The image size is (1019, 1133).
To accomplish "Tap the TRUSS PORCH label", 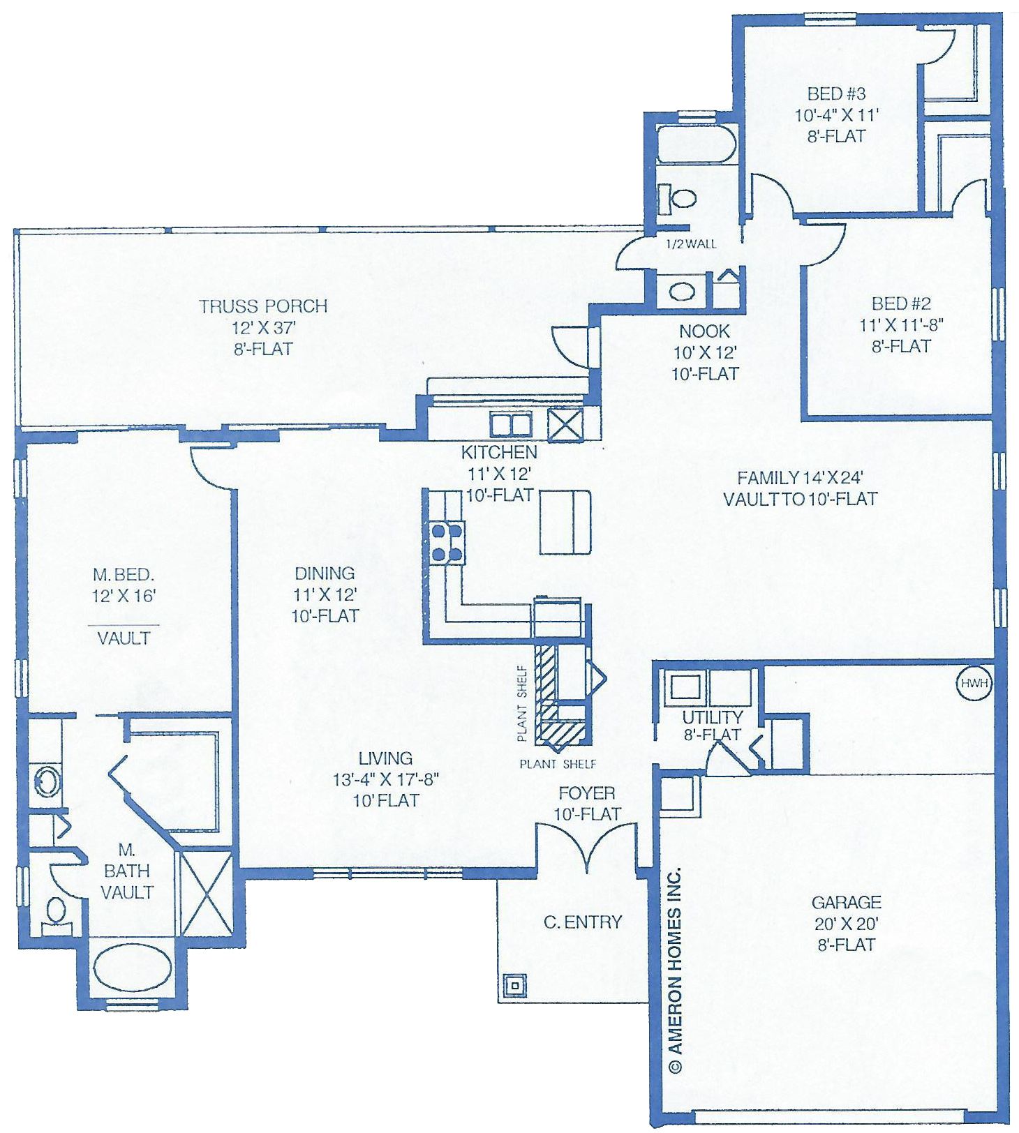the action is tap(263, 306).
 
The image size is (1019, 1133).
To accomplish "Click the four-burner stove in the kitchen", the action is tap(447, 542).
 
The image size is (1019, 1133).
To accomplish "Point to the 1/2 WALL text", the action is tap(692, 244).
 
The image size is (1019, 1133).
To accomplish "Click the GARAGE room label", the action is tap(846, 903).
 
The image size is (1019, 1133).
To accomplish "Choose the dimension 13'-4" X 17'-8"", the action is tap(385, 779).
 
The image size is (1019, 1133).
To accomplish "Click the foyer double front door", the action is tap(586, 846).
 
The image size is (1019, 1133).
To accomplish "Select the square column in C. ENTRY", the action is tap(515, 985).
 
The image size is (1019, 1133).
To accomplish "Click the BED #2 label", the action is tap(901, 303).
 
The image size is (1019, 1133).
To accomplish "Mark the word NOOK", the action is tap(704, 331).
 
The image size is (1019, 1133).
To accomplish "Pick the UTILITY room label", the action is tap(712, 716).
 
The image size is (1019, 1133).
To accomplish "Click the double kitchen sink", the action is tap(511, 424).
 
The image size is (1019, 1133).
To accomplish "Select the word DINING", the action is tap(325, 573).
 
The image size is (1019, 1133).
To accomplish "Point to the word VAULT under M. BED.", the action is tap(124, 638).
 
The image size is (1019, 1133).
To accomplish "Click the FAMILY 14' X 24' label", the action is tap(800, 477).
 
